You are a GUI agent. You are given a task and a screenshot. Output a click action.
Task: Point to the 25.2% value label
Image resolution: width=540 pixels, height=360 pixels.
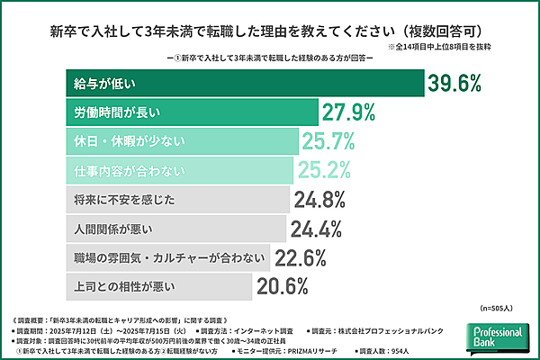[x=332, y=169]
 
